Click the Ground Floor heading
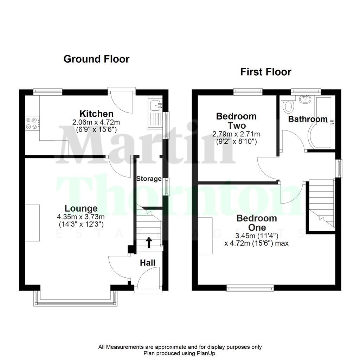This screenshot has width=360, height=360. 96,59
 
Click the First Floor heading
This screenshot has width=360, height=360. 265,72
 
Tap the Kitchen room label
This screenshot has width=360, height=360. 96,114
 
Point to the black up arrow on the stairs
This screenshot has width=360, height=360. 149,243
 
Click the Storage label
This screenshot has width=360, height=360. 149,179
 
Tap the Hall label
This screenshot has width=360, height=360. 148,263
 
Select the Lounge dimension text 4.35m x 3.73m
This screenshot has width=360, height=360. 81,217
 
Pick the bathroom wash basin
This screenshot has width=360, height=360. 304,99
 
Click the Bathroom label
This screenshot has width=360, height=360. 308,120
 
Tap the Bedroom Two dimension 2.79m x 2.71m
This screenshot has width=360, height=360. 236,134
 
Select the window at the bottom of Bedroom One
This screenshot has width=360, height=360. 250,289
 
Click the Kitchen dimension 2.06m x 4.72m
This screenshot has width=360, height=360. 96,122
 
